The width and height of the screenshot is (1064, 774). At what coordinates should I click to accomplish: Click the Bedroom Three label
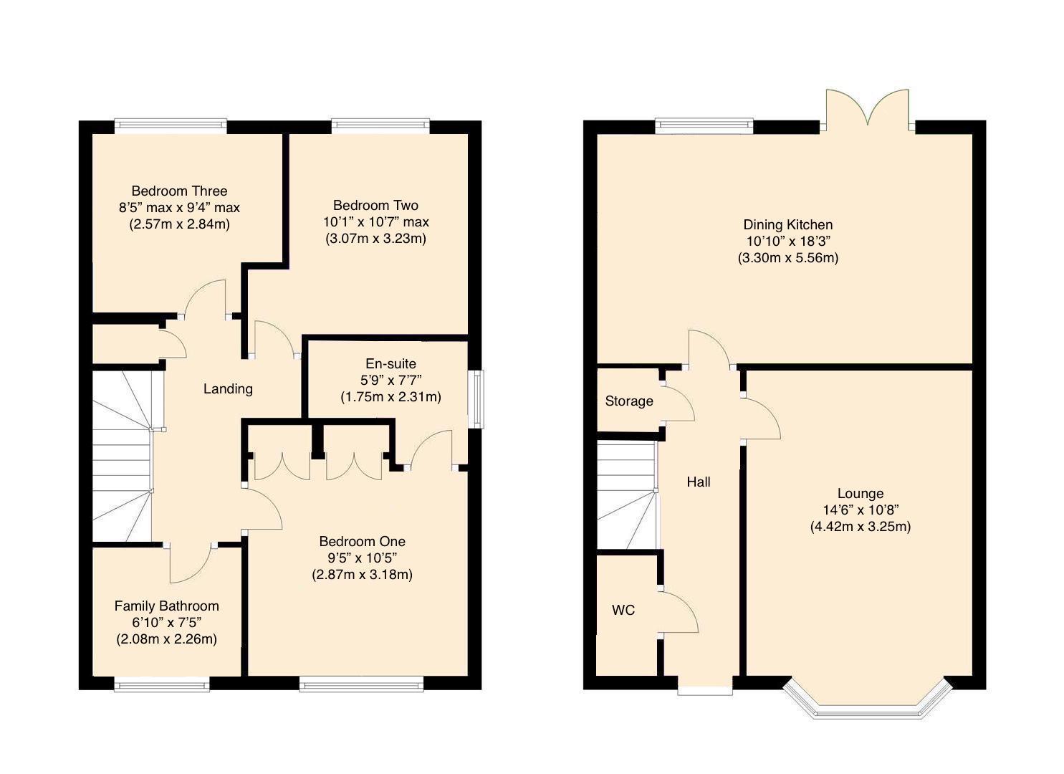pyautogui.click(x=179, y=191)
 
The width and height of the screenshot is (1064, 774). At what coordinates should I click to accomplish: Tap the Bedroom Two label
pyautogui.click(x=375, y=205)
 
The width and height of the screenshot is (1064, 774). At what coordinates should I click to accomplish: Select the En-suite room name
pyautogui.click(x=390, y=363)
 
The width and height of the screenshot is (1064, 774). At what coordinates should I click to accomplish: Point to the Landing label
pyautogui.click(x=228, y=388)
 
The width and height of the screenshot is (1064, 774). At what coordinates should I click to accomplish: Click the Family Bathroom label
pyautogui.click(x=166, y=606)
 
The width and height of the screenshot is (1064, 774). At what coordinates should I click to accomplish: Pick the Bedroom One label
pyautogui.click(x=362, y=541)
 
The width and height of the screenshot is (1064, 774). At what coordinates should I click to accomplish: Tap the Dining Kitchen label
pyautogui.click(x=787, y=224)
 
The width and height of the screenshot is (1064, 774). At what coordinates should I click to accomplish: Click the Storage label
pyautogui.click(x=628, y=401)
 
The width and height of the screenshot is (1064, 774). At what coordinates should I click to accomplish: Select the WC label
pyautogui.click(x=623, y=610)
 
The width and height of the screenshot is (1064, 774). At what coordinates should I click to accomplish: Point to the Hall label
pyautogui.click(x=698, y=482)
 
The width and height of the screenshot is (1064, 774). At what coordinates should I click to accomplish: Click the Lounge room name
pyautogui.click(x=860, y=493)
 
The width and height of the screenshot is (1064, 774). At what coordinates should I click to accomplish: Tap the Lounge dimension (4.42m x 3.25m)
pyautogui.click(x=860, y=527)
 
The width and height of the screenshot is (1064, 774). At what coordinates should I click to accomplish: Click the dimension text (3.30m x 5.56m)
pyautogui.click(x=787, y=258)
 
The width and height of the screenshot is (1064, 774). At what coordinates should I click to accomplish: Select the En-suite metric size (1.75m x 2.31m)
pyautogui.click(x=390, y=396)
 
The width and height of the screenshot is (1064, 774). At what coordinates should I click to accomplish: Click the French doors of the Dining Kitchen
pyautogui.click(x=867, y=111)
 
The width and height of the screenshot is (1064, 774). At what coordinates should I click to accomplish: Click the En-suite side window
pyautogui.click(x=476, y=399)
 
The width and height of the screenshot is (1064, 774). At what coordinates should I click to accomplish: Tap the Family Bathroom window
pyautogui.click(x=162, y=686)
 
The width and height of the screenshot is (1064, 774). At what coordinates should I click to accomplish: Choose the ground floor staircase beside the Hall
pyautogui.click(x=627, y=494)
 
